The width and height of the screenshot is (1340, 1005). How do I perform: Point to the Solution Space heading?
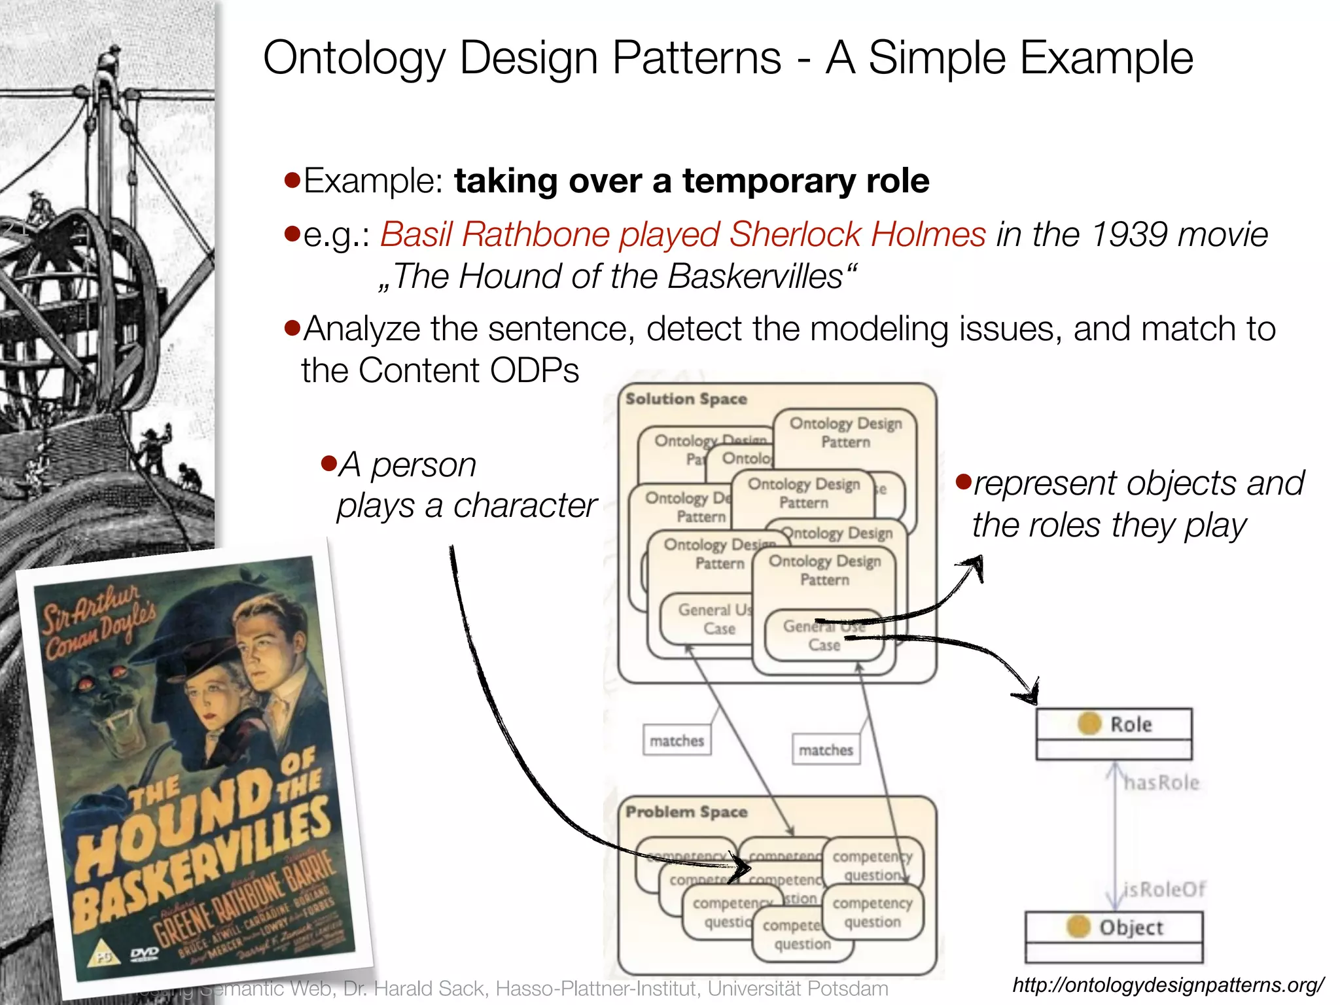tap(686, 399)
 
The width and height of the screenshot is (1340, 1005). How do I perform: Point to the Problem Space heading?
tap(686, 812)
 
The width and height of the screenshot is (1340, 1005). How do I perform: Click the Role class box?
tap(1114, 733)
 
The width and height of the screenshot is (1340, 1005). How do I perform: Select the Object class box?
tap(1114, 936)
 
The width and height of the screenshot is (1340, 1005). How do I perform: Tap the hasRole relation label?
tap(1161, 783)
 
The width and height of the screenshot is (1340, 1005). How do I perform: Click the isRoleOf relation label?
tap(1164, 889)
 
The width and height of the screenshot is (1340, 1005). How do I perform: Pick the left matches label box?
tap(677, 741)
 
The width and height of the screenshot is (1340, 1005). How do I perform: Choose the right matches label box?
tap(826, 750)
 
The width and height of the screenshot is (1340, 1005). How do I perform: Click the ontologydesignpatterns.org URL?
tap(1167, 985)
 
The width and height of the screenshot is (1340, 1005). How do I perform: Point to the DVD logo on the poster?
tap(145, 953)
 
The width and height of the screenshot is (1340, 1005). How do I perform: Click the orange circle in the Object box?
tap(1078, 926)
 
